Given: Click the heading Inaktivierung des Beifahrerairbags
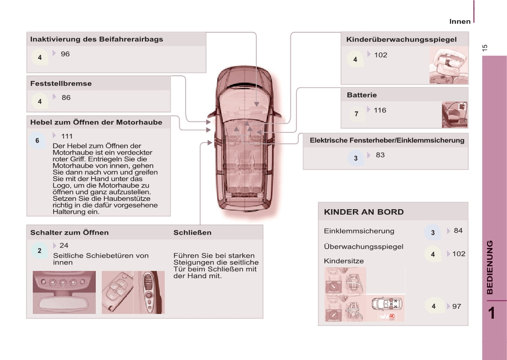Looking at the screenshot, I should click(96, 39).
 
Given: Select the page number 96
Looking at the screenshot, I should click(65, 54).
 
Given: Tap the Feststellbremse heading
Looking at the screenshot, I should click(61, 84).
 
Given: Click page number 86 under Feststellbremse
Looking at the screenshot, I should click(66, 98).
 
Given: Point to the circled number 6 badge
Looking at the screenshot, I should click(37, 141).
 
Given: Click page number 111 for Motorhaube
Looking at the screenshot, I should click(67, 136).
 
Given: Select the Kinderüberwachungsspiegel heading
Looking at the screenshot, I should click(401, 40).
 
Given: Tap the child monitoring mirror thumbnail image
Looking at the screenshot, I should click(448, 65).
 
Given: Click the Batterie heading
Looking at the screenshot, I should click(362, 95).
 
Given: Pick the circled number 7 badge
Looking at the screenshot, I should click(356, 114).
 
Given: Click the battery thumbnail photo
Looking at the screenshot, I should click(455, 115).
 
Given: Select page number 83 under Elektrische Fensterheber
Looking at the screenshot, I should click(380, 155).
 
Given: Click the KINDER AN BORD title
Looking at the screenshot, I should click(364, 212).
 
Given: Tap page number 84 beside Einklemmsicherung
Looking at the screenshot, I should click(458, 230).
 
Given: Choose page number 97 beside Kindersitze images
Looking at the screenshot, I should click(456, 306).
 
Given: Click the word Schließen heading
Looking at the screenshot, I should click(192, 233).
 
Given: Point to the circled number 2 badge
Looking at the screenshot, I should click(40, 251).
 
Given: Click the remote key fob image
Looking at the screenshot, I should click(117, 293).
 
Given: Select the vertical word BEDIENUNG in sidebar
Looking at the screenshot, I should click(490, 267).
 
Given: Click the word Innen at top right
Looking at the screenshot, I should click(460, 21).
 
